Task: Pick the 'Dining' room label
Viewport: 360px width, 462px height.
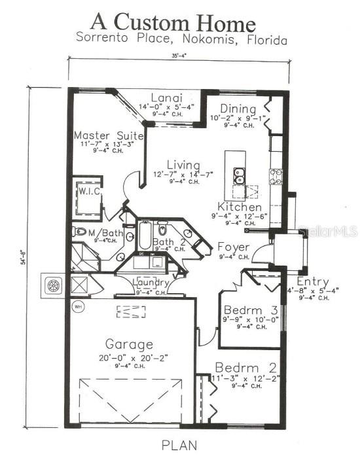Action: pos(234,109)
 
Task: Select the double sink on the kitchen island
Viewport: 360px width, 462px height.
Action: pos(240,175)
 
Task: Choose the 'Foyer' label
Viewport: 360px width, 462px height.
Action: pos(234,247)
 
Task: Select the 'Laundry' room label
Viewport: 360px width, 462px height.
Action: pos(152,283)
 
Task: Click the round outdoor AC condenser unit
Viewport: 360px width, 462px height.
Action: pos(52,285)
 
